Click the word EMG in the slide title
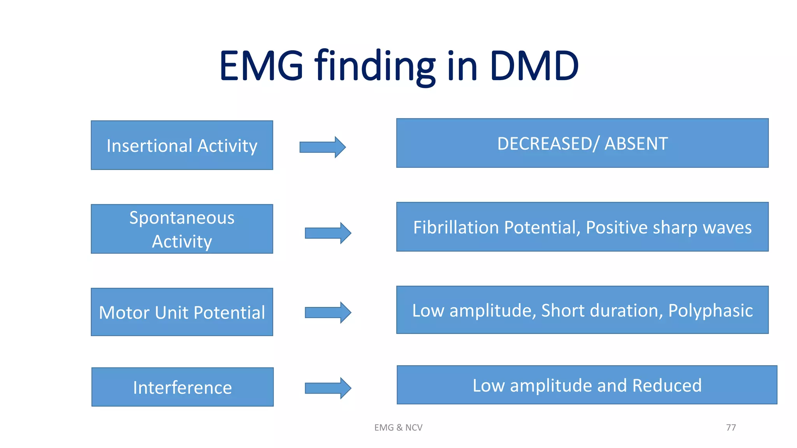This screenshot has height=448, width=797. pyautogui.click(x=261, y=66)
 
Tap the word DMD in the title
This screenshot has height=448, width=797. pyautogui.click(x=534, y=66)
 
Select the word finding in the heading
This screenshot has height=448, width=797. pyautogui.click(x=375, y=66)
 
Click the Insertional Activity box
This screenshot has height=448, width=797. pyautogui.click(x=182, y=145)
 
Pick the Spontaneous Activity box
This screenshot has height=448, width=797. pyautogui.click(x=182, y=229)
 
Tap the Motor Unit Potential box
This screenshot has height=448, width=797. pyautogui.click(x=182, y=312)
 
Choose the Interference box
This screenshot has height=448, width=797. pyautogui.click(x=182, y=387)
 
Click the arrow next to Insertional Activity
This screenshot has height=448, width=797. pyautogui.click(x=322, y=147)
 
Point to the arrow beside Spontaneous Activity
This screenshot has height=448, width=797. pyautogui.click(x=328, y=233)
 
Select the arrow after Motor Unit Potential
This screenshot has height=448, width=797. pyautogui.click(x=328, y=312)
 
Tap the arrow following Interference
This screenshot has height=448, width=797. pyautogui.click(x=328, y=388)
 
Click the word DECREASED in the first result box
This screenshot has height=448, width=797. pyautogui.click(x=544, y=143)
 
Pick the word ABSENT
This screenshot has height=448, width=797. pyautogui.click(x=636, y=143)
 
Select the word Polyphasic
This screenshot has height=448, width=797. pyautogui.click(x=710, y=310)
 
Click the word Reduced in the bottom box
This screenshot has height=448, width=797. pyautogui.click(x=667, y=385)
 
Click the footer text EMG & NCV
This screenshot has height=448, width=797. pyautogui.click(x=398, y=427)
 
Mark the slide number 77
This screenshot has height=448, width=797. pyautogui.click(x=731, y=427)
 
